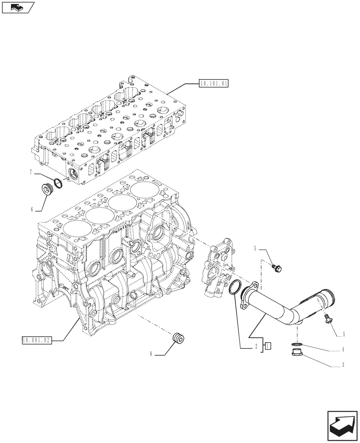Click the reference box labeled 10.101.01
(214, 83)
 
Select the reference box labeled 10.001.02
(36, 340)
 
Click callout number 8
(151, 354)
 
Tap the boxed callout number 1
(268, 346)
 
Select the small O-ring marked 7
(57, 182)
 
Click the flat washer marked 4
(297, 344)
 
